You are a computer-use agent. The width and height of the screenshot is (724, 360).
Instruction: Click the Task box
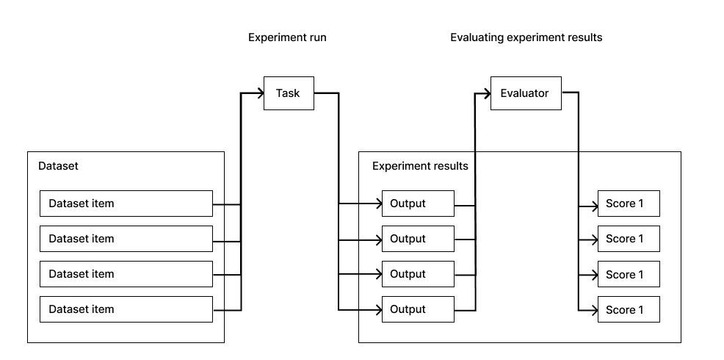289,93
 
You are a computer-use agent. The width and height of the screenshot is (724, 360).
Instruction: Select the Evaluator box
525,93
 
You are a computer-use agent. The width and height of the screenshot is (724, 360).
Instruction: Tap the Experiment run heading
287,37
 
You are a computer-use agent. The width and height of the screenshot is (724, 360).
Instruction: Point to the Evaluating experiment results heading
526,37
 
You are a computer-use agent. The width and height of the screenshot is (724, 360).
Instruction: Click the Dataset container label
58,166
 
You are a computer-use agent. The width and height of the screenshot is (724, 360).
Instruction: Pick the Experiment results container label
420,166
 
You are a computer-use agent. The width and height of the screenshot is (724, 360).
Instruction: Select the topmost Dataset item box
126,204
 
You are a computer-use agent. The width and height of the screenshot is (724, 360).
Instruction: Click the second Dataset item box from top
126,239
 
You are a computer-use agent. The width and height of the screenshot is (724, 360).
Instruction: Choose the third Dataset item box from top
126,274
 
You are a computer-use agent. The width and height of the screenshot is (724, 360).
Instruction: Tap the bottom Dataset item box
126,309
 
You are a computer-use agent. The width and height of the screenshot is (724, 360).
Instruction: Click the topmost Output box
417,204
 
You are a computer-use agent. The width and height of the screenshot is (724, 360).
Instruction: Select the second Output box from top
417,239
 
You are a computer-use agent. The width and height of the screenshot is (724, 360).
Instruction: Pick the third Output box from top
417,274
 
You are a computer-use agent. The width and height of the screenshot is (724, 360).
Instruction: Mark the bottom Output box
417,309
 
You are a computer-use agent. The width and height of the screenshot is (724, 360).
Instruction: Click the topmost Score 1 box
629,204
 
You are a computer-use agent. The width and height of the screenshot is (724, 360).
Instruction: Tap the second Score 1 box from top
629,239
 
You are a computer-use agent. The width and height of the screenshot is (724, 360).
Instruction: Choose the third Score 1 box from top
629,274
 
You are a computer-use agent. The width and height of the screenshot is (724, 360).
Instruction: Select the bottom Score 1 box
629,309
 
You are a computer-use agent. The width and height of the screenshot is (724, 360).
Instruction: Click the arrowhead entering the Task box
260,93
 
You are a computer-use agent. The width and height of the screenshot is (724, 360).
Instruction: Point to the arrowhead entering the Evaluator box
486,93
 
